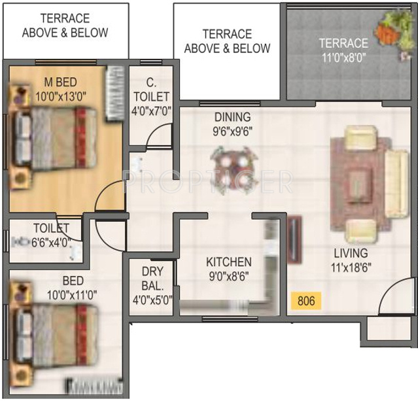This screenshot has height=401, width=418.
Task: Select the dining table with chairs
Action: pos(231,167)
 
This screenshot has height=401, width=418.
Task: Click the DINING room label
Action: pos(232,117)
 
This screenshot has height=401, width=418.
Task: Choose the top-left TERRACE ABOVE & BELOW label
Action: pos(65,26)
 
